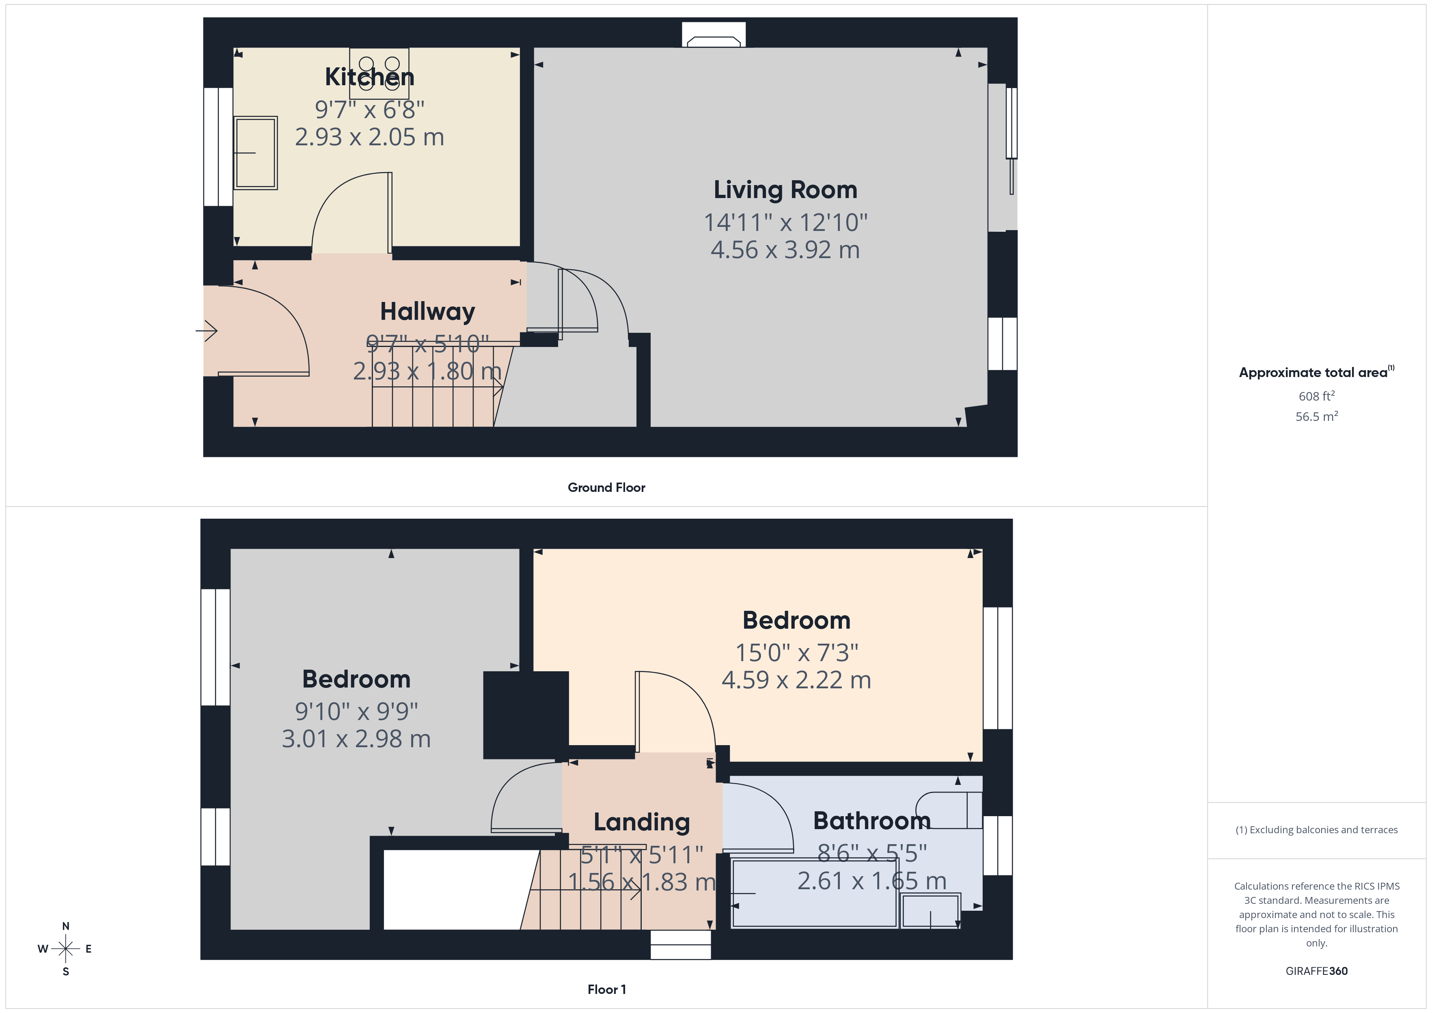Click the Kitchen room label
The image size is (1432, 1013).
(x=369, y=77)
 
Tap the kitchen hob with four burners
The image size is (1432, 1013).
(x=379, y=73)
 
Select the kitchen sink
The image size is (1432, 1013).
(x=255, y=153)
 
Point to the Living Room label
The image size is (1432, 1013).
(x=785, y=190)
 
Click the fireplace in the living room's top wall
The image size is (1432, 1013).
(x=714, y=36)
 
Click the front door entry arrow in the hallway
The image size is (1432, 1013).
(x=207, y=331)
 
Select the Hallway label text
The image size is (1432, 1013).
(x=427, y=311)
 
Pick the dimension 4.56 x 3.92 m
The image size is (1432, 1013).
(x=785, y=250)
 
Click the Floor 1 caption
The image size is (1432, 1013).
(x=606, y=989)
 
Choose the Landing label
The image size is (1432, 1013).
(x=641, y=822)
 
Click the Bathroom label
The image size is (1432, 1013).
(x=871, y=821)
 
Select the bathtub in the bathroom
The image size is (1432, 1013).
(x=814, y=893)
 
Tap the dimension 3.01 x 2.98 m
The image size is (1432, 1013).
(x=356, y=739)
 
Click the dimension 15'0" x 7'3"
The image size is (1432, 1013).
(x=796, y=653)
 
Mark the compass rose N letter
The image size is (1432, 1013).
(x=65, y=926)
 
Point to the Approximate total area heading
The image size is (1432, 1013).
(x=1315, y=373)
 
